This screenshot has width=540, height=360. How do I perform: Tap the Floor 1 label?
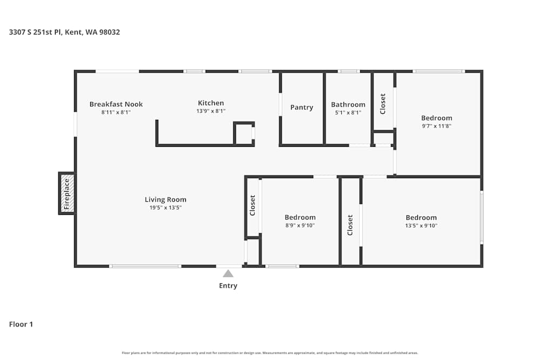pyautogui.click(x=21, y=324)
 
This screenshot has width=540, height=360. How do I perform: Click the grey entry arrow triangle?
pyautogui.click(x=228, y=274)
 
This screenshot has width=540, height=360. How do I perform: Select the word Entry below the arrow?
pyautogui.click(x=228, y=286)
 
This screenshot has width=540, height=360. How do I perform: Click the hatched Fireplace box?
pyautogui.click(x=67, y=193)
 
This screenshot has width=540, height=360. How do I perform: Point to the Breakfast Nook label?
pyautogui.click(x=116, y=104)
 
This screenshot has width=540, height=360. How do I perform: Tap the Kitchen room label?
pyautogui.click(x=211, y=103)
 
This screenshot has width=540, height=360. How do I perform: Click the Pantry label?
pyautogui.click(x=301, y=107)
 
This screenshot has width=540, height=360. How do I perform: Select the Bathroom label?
pyautogui.click(x=348, y=105)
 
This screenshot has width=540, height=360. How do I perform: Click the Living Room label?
pyautogui.click(x=165, y=200)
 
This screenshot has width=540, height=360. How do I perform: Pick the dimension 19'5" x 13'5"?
pyautogui.click(x=165, y=208)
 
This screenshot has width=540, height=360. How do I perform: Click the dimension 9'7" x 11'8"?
pyautogui.click(x=436, y=126)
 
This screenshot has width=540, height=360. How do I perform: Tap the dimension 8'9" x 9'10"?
pyautogui.click(x=300, y=226)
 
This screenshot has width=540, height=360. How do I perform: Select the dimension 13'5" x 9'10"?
pyautogui.click(x=421, y=226)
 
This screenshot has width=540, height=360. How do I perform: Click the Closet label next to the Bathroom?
pyautogui.click(x=383, y=104)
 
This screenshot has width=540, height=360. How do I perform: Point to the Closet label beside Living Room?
pyautogui.click(x=252, y=205)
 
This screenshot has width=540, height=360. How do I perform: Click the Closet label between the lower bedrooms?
pyautogui.click(x=350, y=225)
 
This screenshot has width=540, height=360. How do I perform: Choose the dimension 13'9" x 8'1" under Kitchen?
pyautogui.click(x=211, y=111)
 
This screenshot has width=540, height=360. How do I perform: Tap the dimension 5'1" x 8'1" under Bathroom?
pyautogui.click(x=348, y=113)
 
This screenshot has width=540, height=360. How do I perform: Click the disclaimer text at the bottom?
pyautogui.click(x=270, y=353)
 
